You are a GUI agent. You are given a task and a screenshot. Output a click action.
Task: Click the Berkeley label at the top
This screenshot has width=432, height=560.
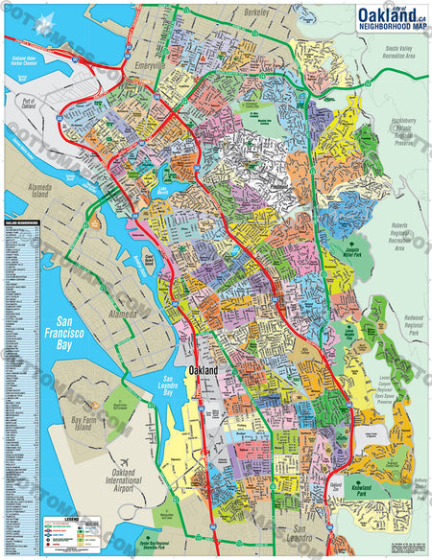[x=256, y=12]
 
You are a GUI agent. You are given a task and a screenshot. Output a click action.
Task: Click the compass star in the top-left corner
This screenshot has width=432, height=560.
[x=42, y=31]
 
